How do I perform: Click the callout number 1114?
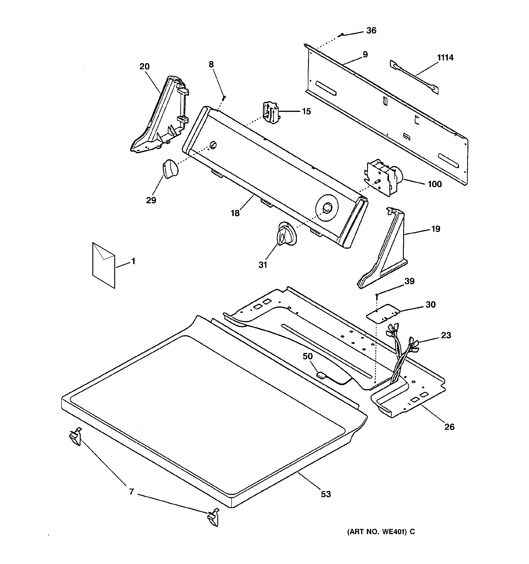[x=445, y=58]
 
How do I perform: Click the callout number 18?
[x=235, y=213]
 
